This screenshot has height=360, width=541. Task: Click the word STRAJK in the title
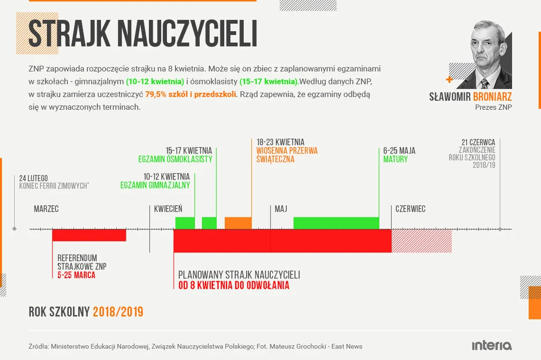pos(69,34)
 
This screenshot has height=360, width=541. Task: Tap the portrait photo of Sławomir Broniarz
pos(485,55)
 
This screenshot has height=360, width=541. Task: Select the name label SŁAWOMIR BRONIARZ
pos(470,97)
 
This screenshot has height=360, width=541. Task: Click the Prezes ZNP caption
pos(493,107)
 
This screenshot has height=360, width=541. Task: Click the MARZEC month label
pos(46,209)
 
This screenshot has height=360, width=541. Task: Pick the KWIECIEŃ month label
pos(168,209)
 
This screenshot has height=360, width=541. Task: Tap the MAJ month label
pos(281,209)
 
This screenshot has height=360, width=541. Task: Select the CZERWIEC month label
pos(410,209)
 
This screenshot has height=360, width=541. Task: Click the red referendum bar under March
pos(89,235)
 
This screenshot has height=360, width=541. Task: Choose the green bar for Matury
pos(336,223)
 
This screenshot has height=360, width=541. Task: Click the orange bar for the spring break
pos(238,223)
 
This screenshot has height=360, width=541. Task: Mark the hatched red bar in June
pos(422,241)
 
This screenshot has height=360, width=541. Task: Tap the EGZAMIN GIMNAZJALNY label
pos(155,185)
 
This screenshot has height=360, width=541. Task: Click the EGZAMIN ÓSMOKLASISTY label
pos(175,159)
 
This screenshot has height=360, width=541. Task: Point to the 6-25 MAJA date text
pos(399,151)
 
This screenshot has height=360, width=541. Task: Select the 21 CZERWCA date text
pos(478,142)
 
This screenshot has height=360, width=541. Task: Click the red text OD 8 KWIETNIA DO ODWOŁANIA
pos(234,286)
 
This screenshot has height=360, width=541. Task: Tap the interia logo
pos(491,346)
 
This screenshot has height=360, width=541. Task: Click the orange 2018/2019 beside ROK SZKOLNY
pos(118,312)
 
